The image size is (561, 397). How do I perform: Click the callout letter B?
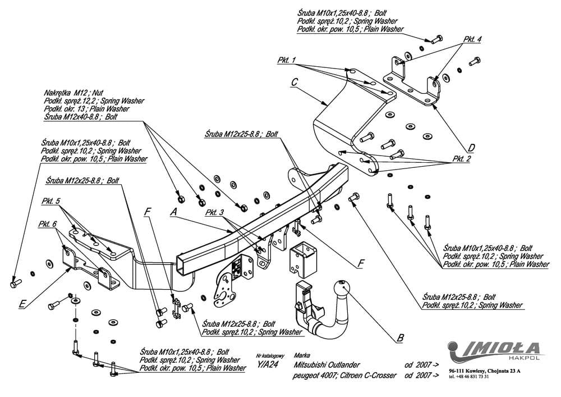click(399, 338)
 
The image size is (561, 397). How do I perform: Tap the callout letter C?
click(295, 81)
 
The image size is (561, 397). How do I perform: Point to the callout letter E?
click(22, 304)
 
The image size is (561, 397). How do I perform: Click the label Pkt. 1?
click(286, 60)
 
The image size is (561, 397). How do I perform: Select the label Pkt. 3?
click(215, 212)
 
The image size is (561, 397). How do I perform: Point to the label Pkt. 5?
click(51, 200)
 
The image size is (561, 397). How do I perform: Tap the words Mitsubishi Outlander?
click(328, 364)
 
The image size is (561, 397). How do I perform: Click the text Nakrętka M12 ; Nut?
click(73, 93)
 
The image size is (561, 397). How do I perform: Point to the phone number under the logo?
click(469, 376)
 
